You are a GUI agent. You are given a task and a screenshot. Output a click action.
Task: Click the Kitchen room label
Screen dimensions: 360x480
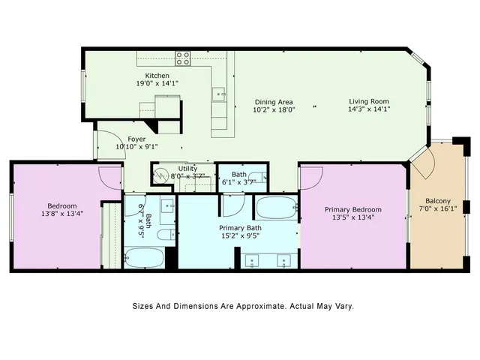coord(157,76)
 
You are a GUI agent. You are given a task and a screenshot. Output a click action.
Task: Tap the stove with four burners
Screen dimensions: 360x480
coord(182,57)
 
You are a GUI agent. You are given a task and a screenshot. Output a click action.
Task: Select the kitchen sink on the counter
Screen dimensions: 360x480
coord(217,94)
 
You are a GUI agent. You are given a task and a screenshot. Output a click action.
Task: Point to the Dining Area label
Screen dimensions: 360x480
coord(273,102)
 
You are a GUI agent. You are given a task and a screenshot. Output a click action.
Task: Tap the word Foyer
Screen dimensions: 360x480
coord(136,139)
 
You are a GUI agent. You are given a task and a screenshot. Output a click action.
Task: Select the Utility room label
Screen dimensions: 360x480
coord(187,169)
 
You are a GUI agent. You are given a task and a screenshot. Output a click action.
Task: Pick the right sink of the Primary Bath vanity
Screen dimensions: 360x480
coord(283,260)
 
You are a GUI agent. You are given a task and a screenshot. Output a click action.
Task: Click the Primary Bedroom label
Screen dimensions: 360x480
coord(352,209)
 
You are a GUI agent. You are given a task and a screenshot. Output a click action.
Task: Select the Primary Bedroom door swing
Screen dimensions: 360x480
coord(310,176)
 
